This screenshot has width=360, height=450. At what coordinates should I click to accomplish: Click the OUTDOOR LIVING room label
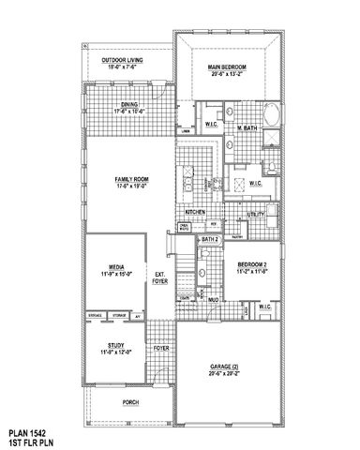(x=126, y=61)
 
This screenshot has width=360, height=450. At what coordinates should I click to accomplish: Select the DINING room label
(x=130, y=105)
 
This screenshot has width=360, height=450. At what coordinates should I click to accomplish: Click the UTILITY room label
(x=256, y=215)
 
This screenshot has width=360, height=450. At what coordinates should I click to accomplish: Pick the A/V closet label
(x=138, y=318)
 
